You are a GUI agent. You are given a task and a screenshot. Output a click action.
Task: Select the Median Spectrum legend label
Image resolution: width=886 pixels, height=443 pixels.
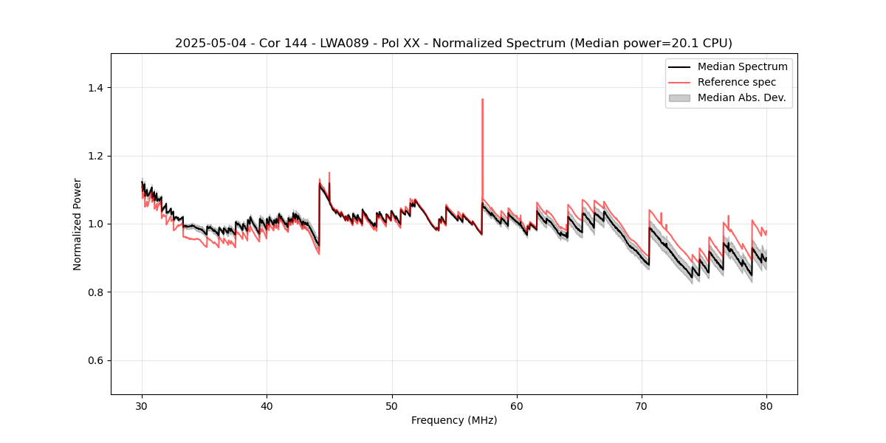tap(742, 66)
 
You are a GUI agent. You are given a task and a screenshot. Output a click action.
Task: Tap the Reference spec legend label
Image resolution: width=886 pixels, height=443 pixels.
tap(737, 82)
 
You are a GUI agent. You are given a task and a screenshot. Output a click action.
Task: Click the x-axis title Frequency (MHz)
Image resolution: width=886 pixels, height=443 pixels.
tap(454, 420)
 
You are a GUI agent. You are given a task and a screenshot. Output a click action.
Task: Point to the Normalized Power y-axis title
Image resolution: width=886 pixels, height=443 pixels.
tap(78, 224)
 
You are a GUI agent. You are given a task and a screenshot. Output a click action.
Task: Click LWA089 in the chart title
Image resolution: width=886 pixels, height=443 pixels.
tap(344, 44)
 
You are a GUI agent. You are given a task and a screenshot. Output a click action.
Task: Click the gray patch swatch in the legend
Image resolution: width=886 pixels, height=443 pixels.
tap(679, 97)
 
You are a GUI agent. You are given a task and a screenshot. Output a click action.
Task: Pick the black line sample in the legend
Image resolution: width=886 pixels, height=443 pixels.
tap(679, 66)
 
